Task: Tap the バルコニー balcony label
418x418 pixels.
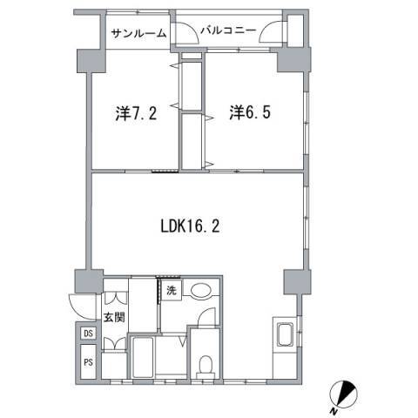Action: coord(228,30)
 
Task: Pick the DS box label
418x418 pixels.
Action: coord(89,334)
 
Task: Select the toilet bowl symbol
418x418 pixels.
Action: coord(205,363)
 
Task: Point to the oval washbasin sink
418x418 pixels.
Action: coord(202,293)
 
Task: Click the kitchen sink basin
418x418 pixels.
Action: coord(284,334)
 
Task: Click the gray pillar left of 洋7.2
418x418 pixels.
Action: coord(88,62)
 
